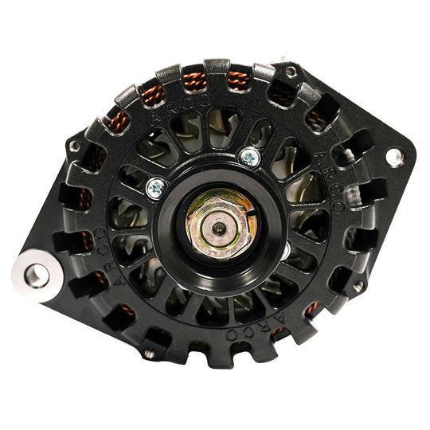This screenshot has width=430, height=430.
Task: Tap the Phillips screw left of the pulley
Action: (156, 188)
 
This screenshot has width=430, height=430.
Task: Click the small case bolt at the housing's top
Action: (292, 72)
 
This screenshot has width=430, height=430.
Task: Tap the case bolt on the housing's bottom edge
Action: (148, 354)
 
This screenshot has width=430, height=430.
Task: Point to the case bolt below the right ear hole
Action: (358, 284)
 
